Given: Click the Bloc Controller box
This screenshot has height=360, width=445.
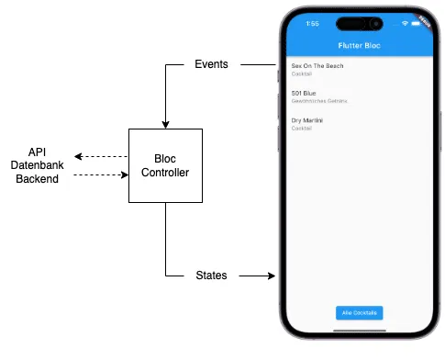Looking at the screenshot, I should (165, 165).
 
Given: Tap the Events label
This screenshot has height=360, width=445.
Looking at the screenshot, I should (212, 65).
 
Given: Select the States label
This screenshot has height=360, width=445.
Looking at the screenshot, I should (212, 276).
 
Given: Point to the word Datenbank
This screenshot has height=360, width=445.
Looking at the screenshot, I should (38, 164).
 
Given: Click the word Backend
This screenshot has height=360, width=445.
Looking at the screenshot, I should (38, 179).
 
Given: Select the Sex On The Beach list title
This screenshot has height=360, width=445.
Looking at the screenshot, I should (317, 66).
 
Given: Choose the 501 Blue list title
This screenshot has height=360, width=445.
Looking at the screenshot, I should (304, 94).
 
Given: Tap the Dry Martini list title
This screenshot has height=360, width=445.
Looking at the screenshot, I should (307, 120).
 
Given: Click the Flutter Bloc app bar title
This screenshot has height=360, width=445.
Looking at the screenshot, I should (359, 44).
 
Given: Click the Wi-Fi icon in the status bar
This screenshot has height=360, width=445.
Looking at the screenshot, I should (404, 24).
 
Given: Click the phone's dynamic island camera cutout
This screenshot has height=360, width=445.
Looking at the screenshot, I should (359, 23).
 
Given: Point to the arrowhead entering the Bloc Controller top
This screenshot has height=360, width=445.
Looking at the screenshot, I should (165, 124).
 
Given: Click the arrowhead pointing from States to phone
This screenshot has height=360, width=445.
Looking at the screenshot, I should (271, 276).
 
